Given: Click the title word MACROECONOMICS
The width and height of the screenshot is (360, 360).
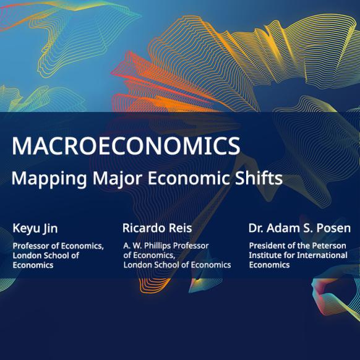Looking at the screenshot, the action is coord(126,146).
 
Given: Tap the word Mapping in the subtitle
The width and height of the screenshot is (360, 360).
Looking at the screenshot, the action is coord(49,179).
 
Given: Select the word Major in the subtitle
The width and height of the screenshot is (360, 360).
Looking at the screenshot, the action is coord(117,179).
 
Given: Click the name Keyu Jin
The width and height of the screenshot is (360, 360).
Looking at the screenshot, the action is coord(35,229).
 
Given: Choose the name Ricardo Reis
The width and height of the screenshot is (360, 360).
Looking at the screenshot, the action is coord(157,228).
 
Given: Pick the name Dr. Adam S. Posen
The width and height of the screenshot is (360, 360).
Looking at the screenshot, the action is coord(299,228).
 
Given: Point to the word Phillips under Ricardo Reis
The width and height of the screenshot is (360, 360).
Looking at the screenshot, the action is coord(158,246).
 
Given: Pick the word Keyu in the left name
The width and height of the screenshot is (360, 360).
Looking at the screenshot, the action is coord(26,229).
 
